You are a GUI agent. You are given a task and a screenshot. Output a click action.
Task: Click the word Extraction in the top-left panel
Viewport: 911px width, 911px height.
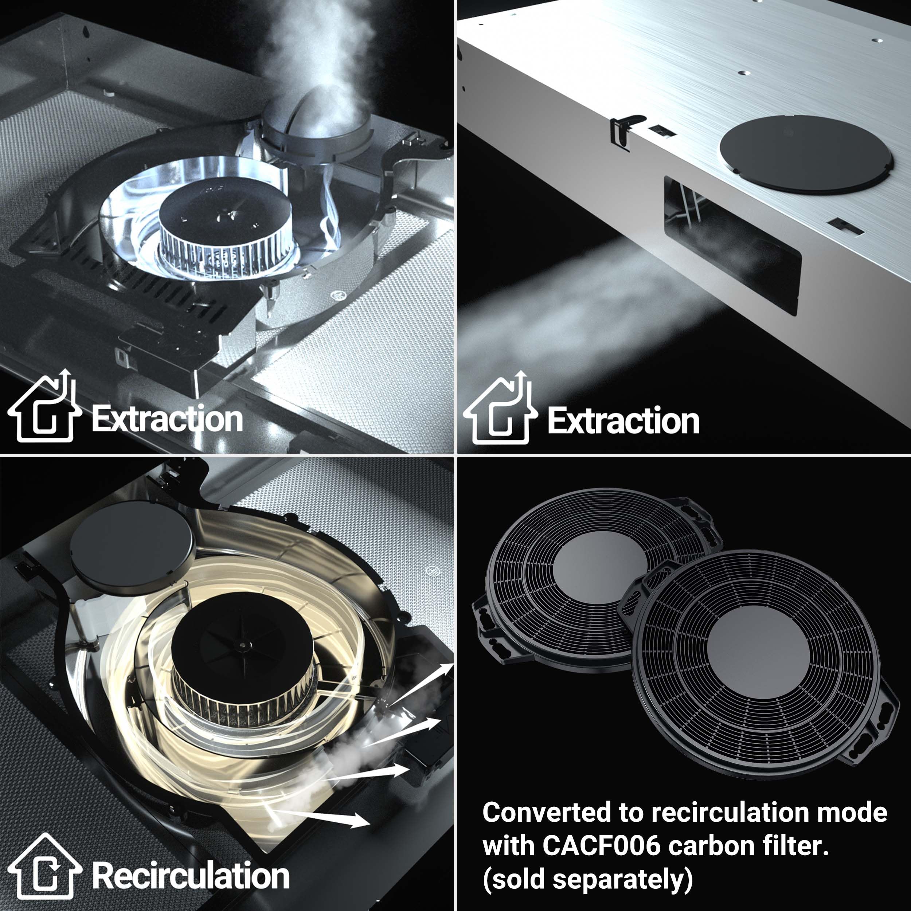point(167,419)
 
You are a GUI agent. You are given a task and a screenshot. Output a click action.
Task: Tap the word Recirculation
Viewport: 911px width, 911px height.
point(191,876)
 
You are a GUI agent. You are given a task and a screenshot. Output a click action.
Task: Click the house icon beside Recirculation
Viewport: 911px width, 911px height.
point(44,872)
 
